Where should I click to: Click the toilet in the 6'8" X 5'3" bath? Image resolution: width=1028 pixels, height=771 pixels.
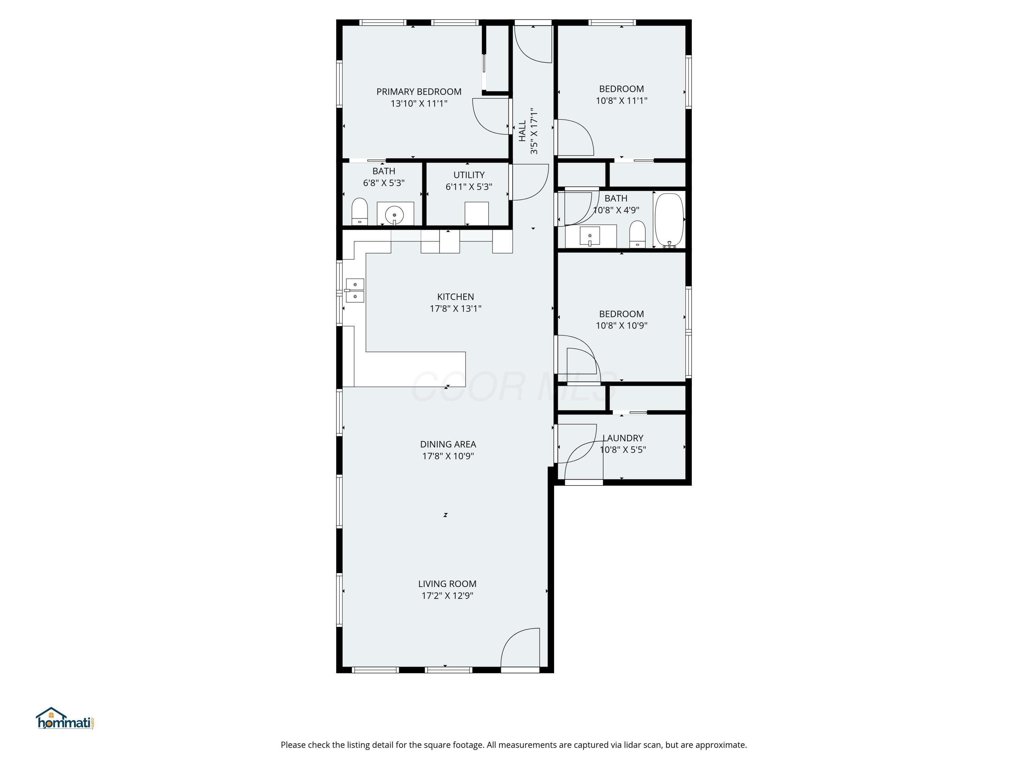(x=359, y=211)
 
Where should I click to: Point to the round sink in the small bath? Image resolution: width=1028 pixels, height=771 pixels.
(x=394, y=215)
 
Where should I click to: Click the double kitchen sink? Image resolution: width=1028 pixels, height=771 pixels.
(x=355, y=291)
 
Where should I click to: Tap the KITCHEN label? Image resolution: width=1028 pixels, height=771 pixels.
(x=455, y=296)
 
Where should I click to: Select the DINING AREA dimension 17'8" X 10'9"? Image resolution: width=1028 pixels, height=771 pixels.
(x=448, y=456)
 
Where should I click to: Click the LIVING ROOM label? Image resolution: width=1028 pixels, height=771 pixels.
(x=447, y=584)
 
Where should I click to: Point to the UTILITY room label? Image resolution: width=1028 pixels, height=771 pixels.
(x=469, y=175)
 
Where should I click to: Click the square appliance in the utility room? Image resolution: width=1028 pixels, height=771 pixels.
(x=476, y=213)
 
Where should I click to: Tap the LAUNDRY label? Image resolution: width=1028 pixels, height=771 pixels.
(x=623, y=438)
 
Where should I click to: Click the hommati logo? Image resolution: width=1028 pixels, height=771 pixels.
(x=65, y=719)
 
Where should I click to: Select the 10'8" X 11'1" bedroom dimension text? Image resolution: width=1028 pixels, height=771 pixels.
(x=621, y=100)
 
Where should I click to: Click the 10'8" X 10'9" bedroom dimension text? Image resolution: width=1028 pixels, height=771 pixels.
(x=621, y=325)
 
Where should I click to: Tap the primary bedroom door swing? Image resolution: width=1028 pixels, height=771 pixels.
(x=490, y=116)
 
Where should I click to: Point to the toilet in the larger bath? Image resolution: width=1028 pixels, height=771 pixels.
(x=637, y=234)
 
